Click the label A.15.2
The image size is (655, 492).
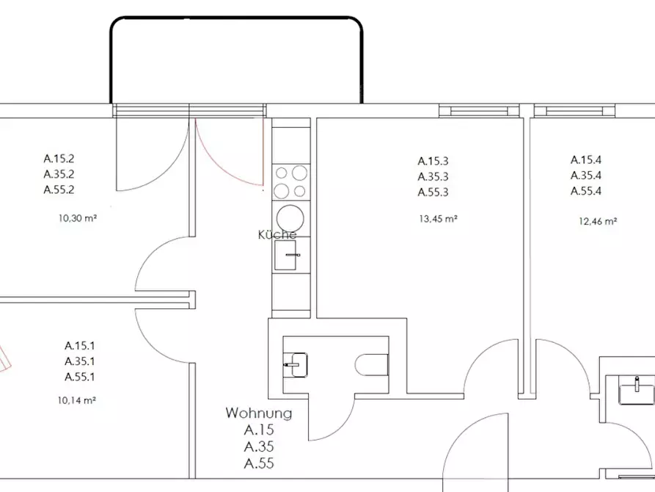click(x=59, y=159)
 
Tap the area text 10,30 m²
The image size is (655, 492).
click(x=78, y=218)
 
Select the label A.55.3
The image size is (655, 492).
click(x=433, y=192)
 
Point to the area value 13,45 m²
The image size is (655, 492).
click(x=438, y=218)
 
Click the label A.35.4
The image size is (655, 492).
click(x=586, y=176)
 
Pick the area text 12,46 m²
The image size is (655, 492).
click(x=598, y=221)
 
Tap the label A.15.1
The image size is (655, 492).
click(x=80, y=346)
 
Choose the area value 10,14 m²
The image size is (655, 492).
click(x=77, y=400)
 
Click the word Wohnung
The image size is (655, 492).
click(x=259, y=413)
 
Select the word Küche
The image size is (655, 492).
click(x=277, y=234)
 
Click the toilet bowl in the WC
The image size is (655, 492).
click(x=371, y=365)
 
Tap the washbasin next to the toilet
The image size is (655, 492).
click(x=296, y=365)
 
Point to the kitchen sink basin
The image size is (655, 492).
click(x=285, y=255)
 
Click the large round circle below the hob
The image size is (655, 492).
click(x=288, y=217)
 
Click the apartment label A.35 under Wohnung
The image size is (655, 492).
click(x=259, y=446)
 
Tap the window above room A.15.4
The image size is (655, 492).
click(x=574, y=111)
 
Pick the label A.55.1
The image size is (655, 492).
click(x=80, y=377)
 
